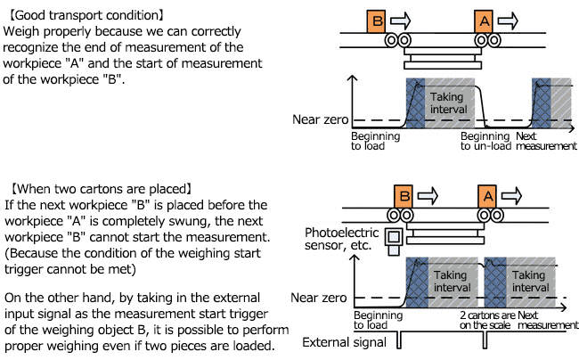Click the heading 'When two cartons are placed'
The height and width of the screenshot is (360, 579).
coord(100,189)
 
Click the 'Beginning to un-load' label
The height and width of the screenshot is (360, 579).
coord(488,141)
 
